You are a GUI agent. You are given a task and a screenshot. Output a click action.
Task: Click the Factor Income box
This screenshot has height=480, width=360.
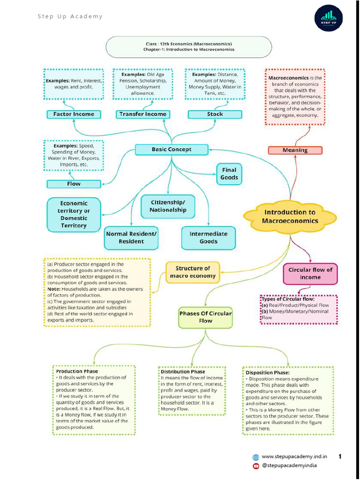(x=74, y=114)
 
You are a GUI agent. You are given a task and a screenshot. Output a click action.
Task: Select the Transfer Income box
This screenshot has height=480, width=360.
(x=142, y=114)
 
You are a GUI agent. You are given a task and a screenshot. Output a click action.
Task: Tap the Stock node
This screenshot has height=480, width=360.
(x=215, y=114)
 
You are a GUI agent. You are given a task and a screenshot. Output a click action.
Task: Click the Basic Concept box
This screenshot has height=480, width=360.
(x=172, y=150)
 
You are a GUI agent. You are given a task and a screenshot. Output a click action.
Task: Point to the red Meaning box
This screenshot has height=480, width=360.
(x=295, y=150)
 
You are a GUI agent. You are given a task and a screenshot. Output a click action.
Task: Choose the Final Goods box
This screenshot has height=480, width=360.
(x=229, y=174)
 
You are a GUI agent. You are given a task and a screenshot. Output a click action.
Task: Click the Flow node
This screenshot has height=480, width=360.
(x=74, y=184)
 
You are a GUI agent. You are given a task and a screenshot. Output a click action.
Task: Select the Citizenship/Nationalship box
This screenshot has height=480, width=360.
(x=168, y=206)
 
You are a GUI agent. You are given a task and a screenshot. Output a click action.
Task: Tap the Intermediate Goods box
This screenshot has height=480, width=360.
(x=208, y=238)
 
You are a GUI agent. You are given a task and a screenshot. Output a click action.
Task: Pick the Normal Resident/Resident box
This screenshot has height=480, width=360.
(x=131, y=238)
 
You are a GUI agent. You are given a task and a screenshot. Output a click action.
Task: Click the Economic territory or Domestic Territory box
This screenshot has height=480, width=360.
(x=74, y=214)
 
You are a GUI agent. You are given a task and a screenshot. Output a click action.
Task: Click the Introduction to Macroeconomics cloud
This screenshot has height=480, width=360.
(x=290, y=216)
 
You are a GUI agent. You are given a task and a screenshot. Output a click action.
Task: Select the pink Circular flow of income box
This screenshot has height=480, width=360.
(x=310, y=273)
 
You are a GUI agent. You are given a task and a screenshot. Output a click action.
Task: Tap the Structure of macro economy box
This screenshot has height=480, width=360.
(x=193, y=272)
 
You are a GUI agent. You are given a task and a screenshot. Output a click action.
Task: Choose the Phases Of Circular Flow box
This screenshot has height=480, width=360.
(x=205, y=317)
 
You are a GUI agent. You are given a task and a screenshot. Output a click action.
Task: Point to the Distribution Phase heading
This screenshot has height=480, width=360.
(x=183, y=372)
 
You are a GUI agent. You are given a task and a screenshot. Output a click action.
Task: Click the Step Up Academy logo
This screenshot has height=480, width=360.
(x=328, y=18)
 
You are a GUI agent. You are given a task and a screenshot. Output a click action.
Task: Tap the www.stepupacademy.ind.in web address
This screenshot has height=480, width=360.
(x=294, y=457)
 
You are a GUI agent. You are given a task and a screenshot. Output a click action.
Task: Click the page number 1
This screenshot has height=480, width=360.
(x=340, y=456)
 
